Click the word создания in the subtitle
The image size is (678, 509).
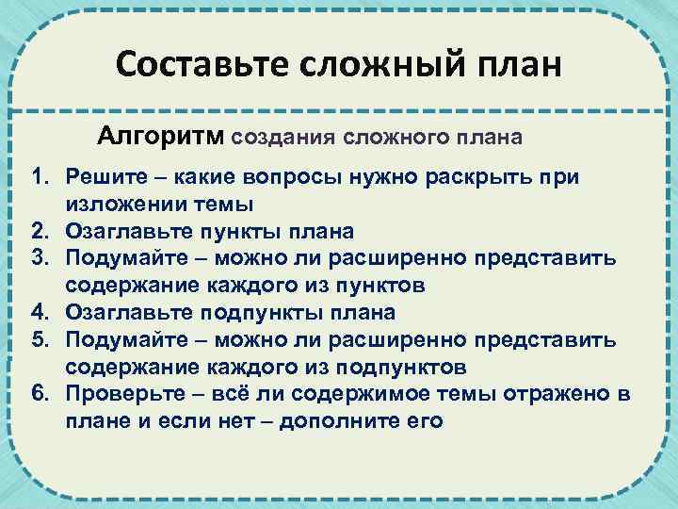pyautogui.click(x=282, y=138)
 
